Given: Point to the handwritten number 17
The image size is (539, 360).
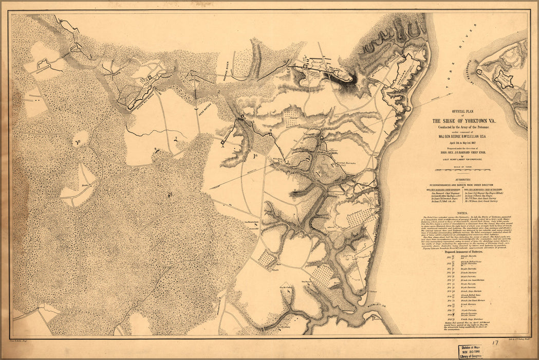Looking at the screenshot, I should point(495,343).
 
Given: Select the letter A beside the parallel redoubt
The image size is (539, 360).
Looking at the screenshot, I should point(223,146).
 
